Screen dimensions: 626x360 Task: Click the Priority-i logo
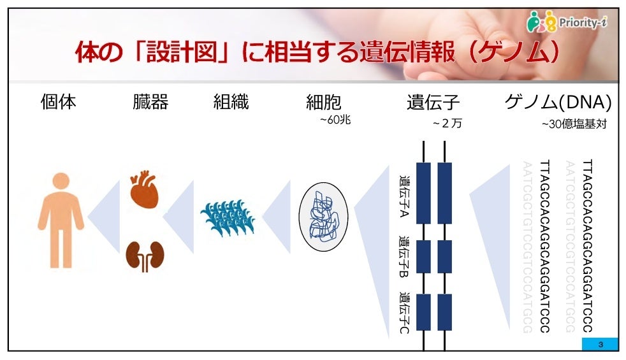coord(567,23)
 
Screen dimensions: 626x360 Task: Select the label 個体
coord(58,102)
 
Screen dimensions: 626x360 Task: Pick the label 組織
coord(231,102)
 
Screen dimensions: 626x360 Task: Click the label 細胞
coord(324,102)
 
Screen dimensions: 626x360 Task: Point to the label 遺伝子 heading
coord(433,102)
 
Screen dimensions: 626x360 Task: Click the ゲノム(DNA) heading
coord(558,102)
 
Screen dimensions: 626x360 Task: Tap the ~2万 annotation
coord(446,124)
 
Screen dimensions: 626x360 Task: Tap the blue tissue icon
coord(228,219)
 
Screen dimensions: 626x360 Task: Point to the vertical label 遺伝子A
coord(404,196)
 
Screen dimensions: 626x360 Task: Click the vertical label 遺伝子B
coord(404,259)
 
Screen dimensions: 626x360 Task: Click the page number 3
coord(600,345)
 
